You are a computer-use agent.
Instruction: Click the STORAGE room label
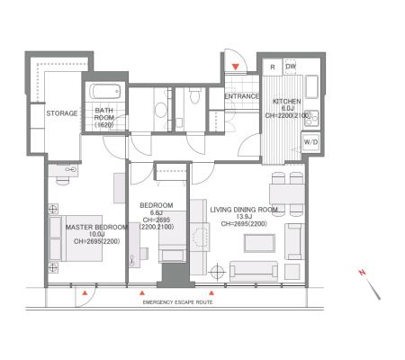(x=62, y=113)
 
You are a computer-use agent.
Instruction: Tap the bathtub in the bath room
(x=105, y=91)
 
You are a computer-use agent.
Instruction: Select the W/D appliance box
(x=310, y=142)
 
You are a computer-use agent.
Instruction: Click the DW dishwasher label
(x=291, y=67)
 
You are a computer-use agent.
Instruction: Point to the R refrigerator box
(x=273, y=67)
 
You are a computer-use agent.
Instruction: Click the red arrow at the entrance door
(x=236, y=67)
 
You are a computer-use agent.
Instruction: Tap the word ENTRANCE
(x=242, y=96)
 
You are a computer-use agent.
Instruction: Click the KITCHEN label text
(x=287, y=102)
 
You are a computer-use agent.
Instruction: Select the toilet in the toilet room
(x=194, y=95)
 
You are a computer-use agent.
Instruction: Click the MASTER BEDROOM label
(x=96, y=227)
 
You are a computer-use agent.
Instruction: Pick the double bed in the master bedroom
(x=76, y=238)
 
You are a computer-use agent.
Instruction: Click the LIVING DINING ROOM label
(x=244, y=210)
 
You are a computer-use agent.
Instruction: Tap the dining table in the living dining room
(x=287, y=194)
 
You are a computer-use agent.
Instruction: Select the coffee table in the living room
(x=259, y=243)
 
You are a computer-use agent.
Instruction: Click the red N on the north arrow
(x=362, y=273)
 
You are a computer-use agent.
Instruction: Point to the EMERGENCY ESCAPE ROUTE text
(x=177, y=302)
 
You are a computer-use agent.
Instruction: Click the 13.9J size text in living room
(x=244, y=217)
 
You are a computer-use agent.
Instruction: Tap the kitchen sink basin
(x=311, y=86)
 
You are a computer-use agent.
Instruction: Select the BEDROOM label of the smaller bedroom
(x=157, y=205)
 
